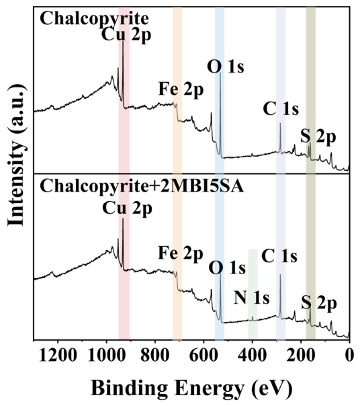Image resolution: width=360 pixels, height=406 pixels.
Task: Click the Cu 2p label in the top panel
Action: tap(126, 35)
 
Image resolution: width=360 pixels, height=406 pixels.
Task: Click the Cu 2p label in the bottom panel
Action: tap(127, 208)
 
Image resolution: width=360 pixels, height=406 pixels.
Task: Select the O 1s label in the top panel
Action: tap(226, 67)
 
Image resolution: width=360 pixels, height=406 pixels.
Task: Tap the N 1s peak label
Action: tap(252, 298)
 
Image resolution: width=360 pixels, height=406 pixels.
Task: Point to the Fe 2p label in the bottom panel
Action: tap(181, 254)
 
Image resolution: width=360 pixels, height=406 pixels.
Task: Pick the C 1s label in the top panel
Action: tap(281, 109)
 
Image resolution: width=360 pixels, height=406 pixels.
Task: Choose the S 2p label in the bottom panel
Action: tap(319, 303)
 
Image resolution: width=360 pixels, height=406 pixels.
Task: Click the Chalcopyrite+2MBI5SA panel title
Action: tap(142, 186)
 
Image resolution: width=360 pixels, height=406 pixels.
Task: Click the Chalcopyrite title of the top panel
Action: tap(94, 19)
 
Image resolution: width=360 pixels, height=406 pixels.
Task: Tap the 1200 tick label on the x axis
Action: tap(58, 355)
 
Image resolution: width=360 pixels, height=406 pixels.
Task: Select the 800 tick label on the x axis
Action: tap(155, 355)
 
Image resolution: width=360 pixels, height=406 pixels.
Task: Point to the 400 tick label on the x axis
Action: tap(253, 355)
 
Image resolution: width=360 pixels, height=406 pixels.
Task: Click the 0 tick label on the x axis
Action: tap(349, 355)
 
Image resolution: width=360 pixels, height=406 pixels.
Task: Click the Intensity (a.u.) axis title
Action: tap(17, 155)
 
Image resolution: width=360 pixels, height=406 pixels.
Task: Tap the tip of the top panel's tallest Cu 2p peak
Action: tap(123, 42)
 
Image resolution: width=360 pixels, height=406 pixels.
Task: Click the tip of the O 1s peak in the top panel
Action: tap(220, 73)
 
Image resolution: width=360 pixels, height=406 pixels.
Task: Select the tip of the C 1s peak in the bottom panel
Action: tap(280, 274)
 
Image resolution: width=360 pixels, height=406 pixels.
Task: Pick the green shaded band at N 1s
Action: tap(253, 294)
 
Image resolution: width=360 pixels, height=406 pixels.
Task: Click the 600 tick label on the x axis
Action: tap(204, 355)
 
